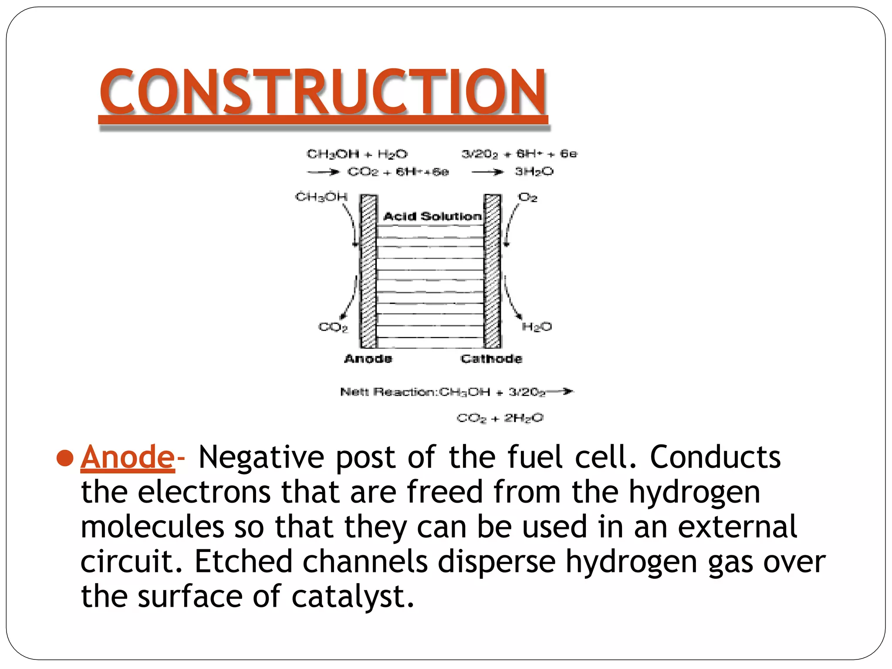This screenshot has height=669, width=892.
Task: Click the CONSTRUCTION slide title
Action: (323, 92)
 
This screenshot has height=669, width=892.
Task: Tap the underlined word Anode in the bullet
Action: (127, 457)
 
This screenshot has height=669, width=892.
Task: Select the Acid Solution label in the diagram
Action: (432, 216)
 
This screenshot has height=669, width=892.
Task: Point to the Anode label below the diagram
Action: (368, 359)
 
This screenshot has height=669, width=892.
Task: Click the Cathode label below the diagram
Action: (491, 359)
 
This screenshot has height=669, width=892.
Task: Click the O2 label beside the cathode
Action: (527, 198)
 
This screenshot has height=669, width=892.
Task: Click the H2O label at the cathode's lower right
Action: (537, 327)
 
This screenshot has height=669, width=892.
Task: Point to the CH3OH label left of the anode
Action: (321, 197)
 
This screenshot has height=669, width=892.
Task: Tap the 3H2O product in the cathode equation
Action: (534, 172)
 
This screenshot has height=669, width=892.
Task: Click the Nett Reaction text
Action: (389, 392)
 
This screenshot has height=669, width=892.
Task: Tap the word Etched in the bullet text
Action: (243, 562)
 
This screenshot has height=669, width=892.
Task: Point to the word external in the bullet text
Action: (737, 527)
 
